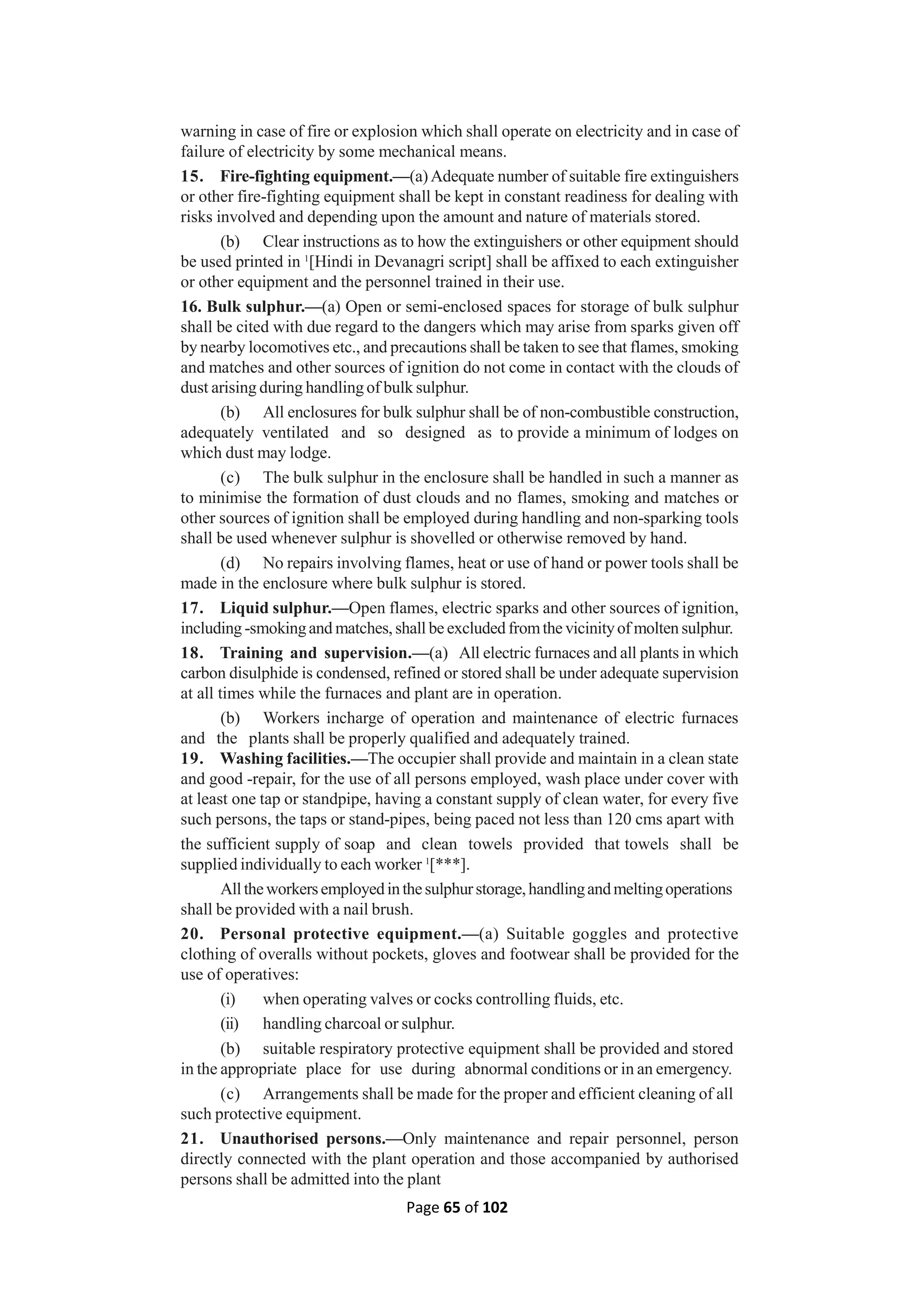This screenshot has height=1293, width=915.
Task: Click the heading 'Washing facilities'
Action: pyautogui.click(x=285, y=759)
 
